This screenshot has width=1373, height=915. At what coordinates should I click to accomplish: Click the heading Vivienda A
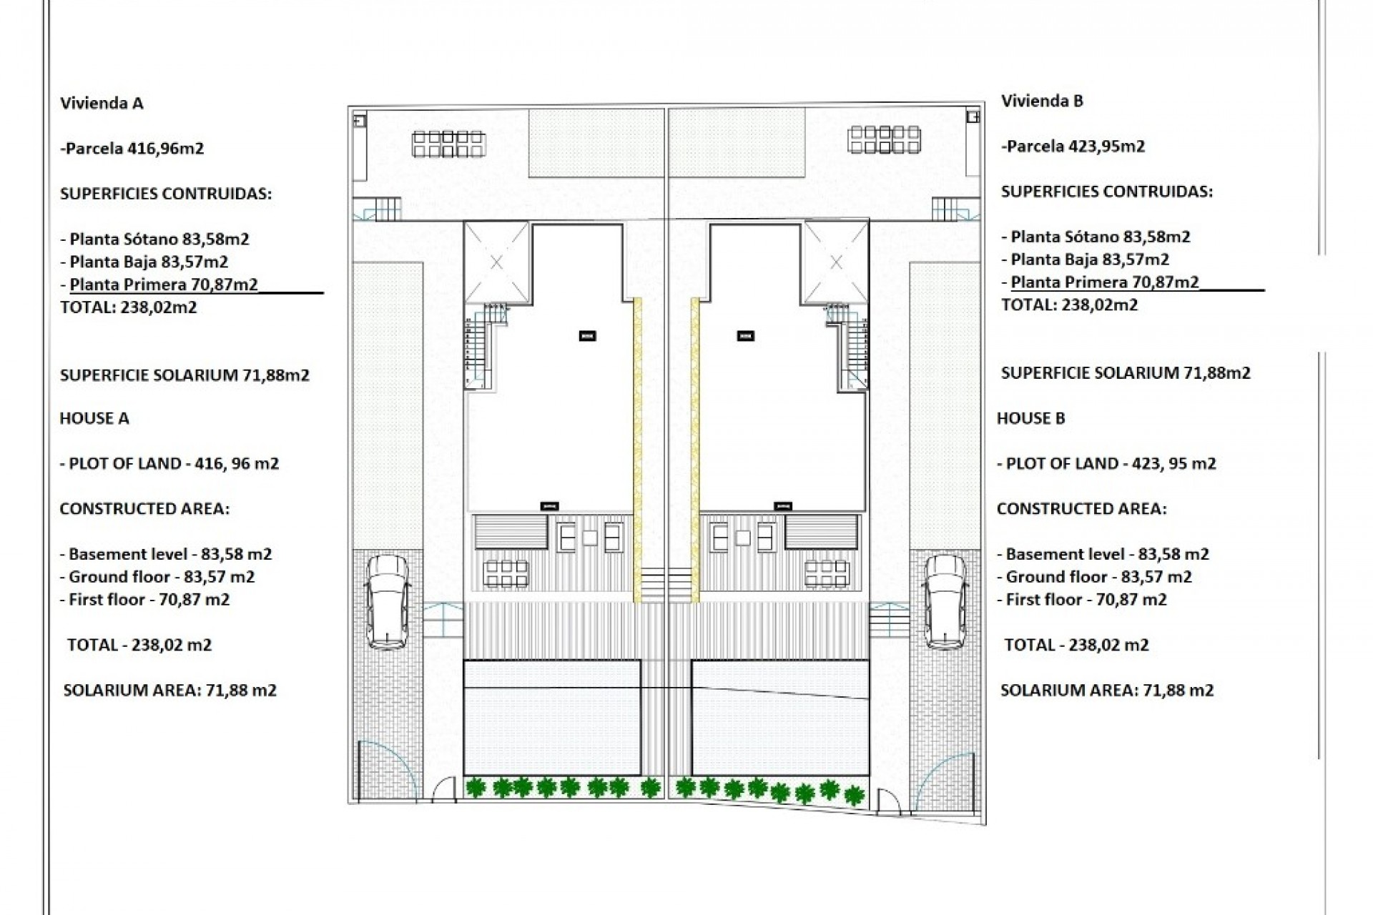pos(102,103)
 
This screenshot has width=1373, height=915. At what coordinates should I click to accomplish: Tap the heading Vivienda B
pos(1042,101)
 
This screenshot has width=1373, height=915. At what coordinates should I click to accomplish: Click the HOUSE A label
pos(94,418)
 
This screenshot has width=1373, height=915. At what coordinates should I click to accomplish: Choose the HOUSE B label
pos(1031,418)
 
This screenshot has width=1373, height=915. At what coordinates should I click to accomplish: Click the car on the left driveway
pos(388,602)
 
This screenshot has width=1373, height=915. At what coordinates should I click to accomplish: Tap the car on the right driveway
pos(945,602)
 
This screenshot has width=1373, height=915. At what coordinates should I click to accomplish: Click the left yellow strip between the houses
pos(638,450)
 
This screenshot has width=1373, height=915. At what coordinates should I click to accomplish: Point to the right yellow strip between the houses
pos(694,450)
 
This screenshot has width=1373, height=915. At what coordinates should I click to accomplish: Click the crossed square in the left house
pos(497,262)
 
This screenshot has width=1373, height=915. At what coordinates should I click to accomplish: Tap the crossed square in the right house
pos(836,262)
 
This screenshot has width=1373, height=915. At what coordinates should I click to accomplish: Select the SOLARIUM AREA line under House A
pos(170,691)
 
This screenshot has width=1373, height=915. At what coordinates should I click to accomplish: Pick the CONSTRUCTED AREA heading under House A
pos(144,509)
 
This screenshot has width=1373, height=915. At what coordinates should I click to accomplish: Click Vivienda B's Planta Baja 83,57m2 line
pos(1090,259)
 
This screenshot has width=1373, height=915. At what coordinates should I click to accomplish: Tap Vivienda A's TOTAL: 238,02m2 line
pos(129,307)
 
